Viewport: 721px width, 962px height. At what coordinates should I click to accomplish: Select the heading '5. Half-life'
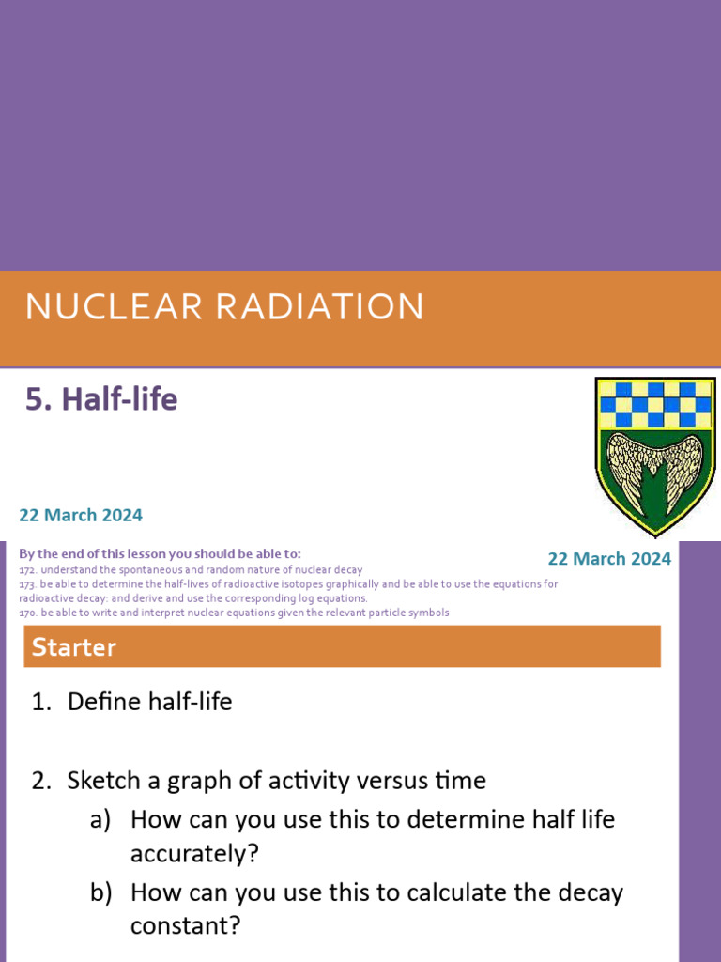point(100,400)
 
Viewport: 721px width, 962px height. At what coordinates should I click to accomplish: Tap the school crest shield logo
point(655,455)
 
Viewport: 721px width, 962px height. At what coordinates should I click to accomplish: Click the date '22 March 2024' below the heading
point(81,515)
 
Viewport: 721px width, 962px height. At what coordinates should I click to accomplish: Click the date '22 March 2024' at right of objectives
point(609,559)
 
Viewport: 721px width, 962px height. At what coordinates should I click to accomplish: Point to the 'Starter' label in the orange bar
point(74,646)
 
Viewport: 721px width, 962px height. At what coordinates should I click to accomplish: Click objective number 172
point(27,570)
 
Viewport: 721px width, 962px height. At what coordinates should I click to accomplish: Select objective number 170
point(27,613)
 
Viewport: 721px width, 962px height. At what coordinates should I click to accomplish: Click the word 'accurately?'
point(194,854)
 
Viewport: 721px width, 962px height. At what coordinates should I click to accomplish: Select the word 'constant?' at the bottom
point(185,927)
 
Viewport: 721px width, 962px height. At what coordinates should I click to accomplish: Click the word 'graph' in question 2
point(234,782)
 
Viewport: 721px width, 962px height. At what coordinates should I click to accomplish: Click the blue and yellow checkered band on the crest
point(654,405)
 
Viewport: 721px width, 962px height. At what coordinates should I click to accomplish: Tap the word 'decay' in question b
point(591,892)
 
